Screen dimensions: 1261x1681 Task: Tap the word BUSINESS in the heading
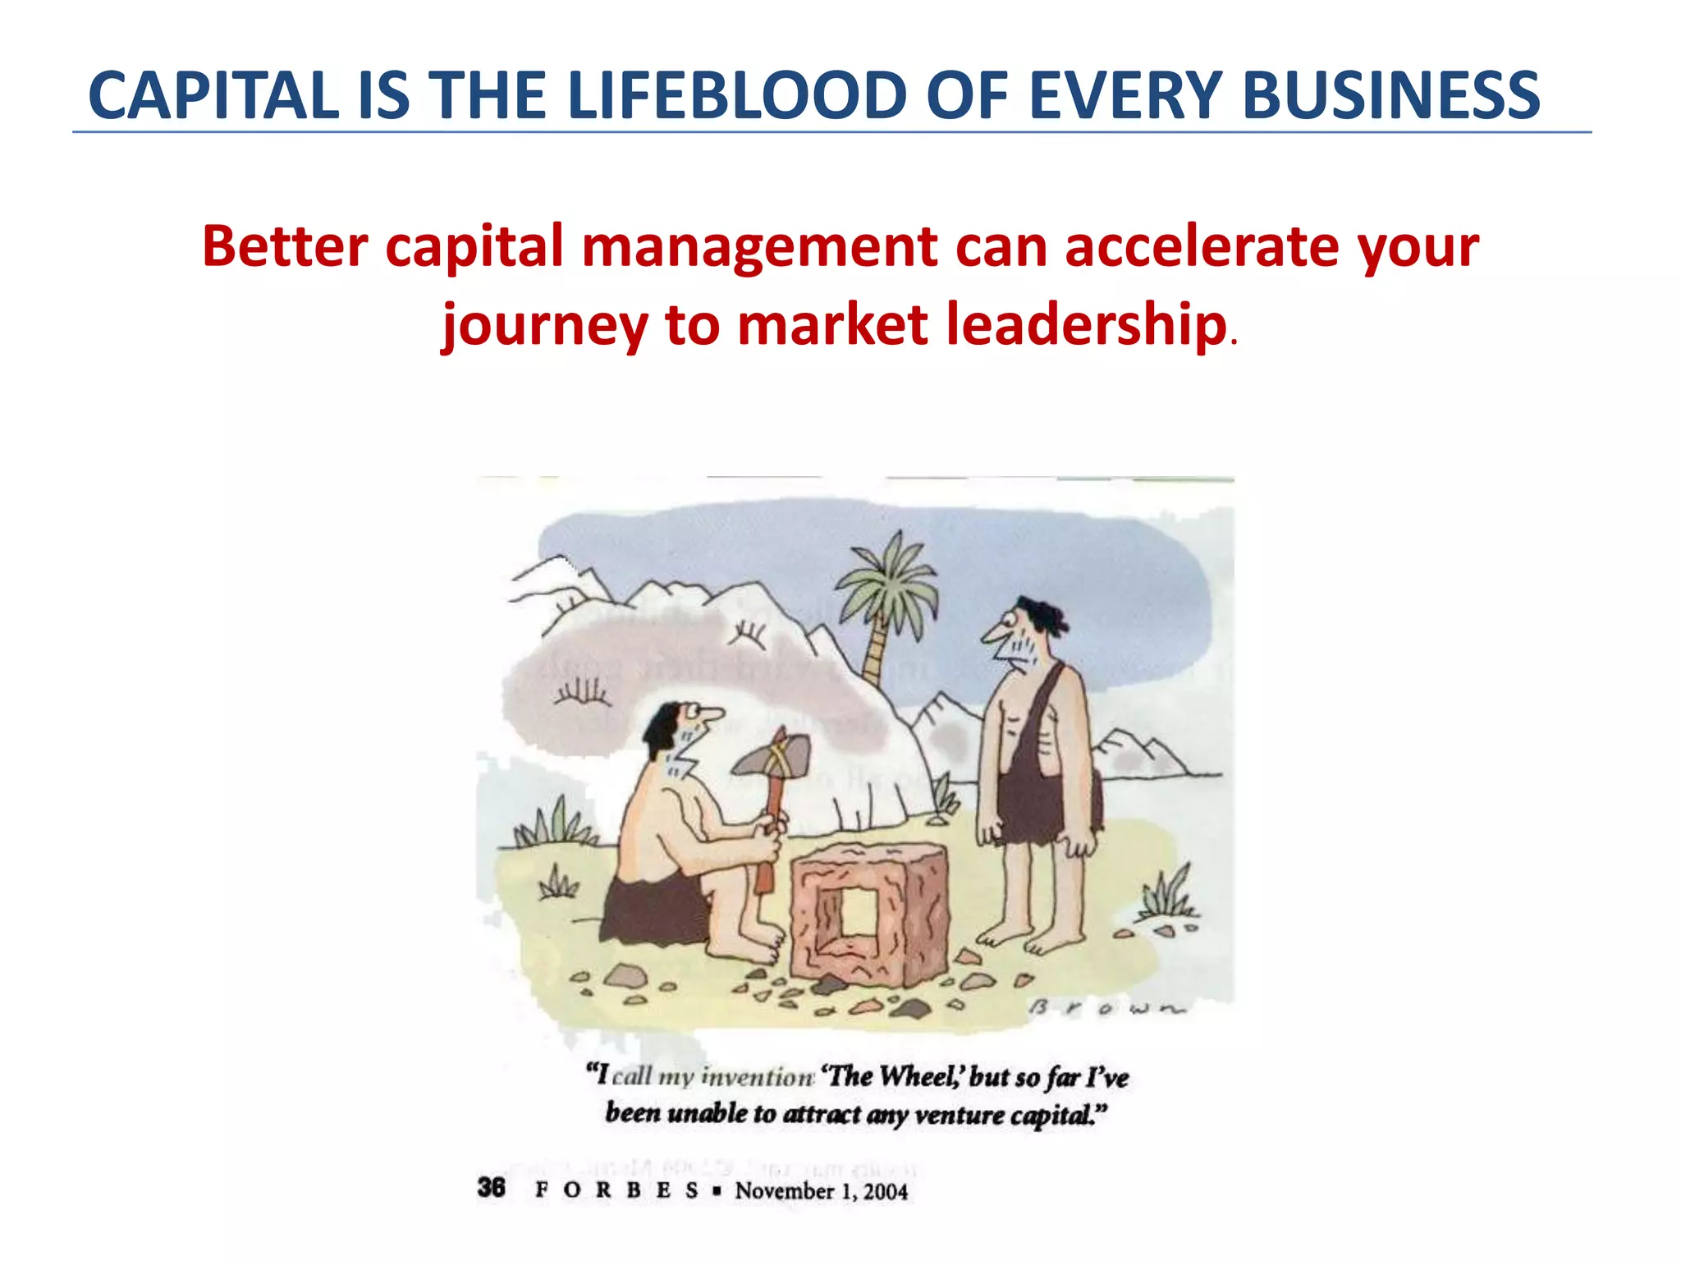[1390, 95]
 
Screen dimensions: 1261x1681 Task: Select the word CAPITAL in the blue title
[213, 95]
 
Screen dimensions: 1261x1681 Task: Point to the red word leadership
[1086, 324]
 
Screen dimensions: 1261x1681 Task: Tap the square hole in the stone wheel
[859, 911]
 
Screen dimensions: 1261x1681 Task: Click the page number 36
[491, 1187]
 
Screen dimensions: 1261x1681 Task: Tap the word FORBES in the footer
[616, 1190]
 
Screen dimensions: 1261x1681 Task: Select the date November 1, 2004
[821, 1190]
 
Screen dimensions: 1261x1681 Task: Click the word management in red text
[759, 246]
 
